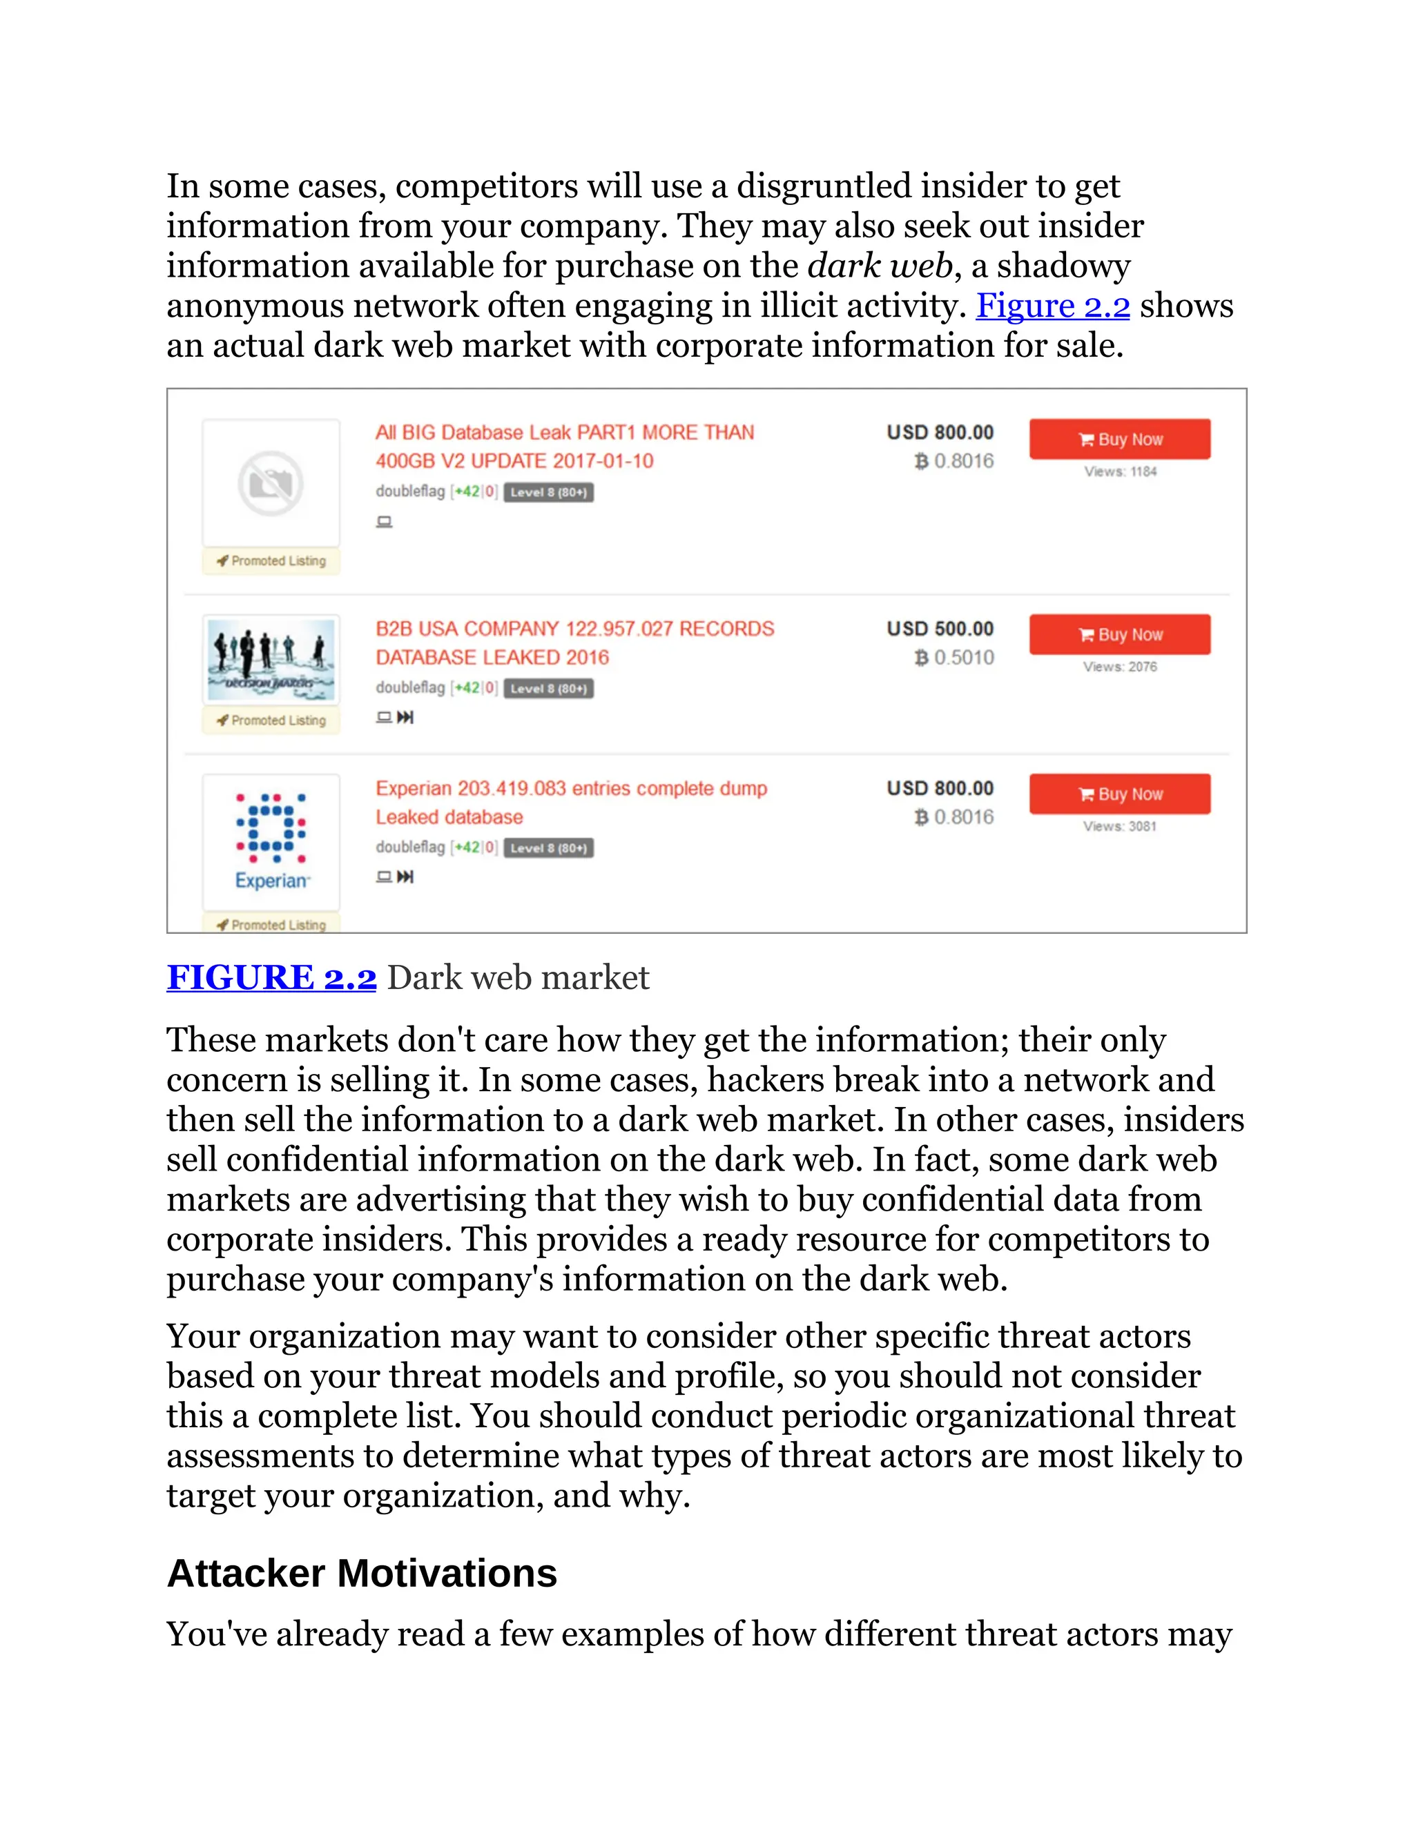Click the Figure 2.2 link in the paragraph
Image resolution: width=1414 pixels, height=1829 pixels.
click(x=1052, y=306)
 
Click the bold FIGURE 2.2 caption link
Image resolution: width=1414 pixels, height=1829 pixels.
click(x=271, y=977)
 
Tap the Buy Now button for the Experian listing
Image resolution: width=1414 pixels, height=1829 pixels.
click(x=1119, y=793)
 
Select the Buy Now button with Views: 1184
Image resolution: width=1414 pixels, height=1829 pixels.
click(x=1119, y=439)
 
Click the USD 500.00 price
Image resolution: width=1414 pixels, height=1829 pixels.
click(x=940, y=628)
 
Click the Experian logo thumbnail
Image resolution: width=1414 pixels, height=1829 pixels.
click(x=271, y=841)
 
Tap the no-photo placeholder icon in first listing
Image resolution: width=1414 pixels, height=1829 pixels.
click(x=271, y=483)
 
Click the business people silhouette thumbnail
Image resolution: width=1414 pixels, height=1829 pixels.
click(x=271, y=659)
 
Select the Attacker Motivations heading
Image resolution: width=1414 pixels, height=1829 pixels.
click(x=362, y=1574)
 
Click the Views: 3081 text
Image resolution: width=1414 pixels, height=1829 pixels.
click(x=1119, y=825)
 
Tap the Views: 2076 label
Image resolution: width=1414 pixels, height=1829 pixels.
click(x=1119, y=667)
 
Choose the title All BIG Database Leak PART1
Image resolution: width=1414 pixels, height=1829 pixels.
click(x=565, y=433)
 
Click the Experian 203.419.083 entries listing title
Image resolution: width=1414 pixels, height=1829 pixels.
click(x=570, y=788)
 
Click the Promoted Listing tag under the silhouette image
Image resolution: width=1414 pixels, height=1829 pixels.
click(x=271, y=720)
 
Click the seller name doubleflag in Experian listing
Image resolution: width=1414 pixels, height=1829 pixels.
click(x=409, y=847)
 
